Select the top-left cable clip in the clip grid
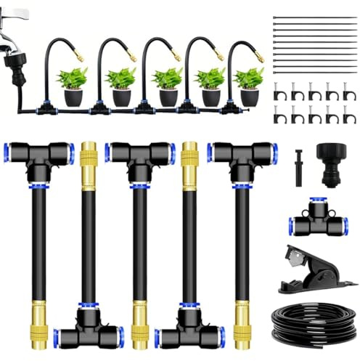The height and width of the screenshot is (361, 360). [279, 92]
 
